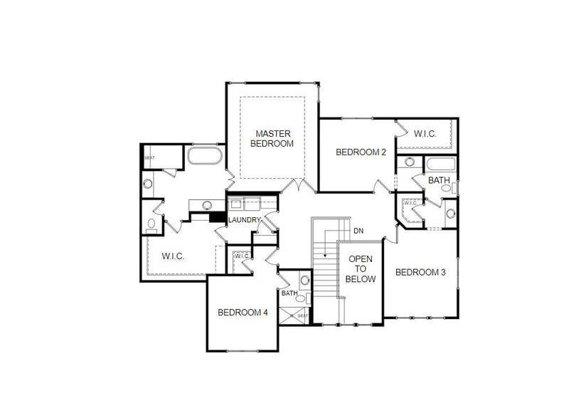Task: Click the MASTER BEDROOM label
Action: click(274, 138)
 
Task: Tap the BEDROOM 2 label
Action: click(361, 152)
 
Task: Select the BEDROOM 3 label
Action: click(420, 272)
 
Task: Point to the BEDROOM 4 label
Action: click(243, 312)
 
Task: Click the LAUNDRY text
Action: click(244, 221)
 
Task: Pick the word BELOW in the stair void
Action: click(361, 279)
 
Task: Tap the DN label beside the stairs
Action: click(358, 231)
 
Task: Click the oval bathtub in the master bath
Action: click(205, 155)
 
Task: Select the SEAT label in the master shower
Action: click(150, 158)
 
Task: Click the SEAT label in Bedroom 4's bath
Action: click(303, 315)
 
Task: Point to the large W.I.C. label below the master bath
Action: click(173, 256)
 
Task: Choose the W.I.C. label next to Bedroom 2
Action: click(425, 133)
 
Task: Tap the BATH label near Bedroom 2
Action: click(439, 180)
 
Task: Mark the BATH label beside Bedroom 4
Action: click(289, 293)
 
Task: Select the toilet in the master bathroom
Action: click(151, 226)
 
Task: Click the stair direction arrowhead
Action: click(325, 254)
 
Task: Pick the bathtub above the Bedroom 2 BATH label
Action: click(440, 164)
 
